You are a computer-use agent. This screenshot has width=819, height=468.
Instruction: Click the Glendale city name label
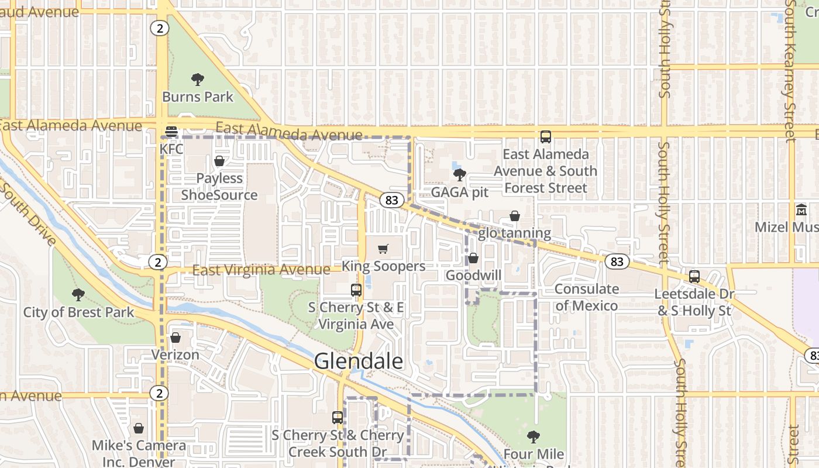359,361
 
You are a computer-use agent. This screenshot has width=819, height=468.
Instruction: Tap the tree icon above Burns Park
198,80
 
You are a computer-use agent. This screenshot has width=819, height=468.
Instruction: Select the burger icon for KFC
171,132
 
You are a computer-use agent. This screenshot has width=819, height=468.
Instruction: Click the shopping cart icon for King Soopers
383,249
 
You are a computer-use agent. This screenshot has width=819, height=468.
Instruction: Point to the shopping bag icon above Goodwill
473,258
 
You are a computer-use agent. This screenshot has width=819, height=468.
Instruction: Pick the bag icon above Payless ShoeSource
219,161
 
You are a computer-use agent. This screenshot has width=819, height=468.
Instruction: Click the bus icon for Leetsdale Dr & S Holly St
694,277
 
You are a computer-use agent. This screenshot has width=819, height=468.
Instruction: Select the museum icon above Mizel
801,209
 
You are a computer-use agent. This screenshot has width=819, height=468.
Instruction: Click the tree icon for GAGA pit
459,174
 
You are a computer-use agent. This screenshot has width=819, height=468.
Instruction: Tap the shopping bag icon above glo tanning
515,216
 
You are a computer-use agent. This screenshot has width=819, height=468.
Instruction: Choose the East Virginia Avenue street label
261,270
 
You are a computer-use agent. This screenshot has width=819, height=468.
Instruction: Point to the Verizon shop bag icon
175,338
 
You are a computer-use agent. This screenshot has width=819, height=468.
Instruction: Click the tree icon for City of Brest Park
78,295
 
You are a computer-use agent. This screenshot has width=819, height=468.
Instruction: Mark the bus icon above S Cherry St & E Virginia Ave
356,290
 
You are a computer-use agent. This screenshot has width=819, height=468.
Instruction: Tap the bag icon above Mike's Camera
139,429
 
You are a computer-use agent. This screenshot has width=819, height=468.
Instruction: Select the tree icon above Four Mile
533,436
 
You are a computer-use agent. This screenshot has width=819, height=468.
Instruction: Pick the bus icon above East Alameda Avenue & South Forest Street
546,137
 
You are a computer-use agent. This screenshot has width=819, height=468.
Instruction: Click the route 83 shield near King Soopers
392,200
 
